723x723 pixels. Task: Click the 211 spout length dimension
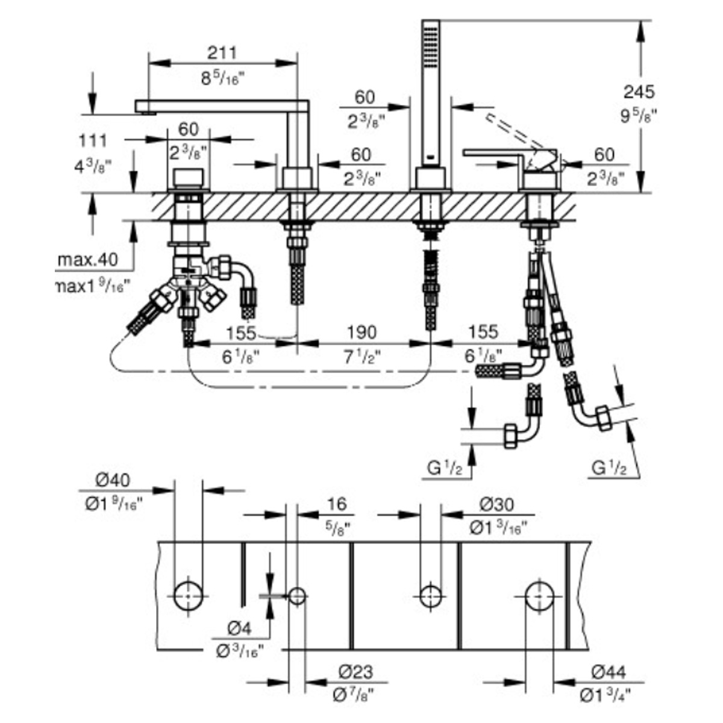tap(222, 53)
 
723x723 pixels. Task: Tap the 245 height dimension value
tap(639, 92)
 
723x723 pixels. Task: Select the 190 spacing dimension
tap(361, 333)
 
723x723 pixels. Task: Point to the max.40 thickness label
tap(88, 259)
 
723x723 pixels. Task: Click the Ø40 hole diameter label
tap(113, 480)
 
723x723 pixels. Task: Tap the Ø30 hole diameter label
tap(496, 505)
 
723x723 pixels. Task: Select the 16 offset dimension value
tap(337, 504)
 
